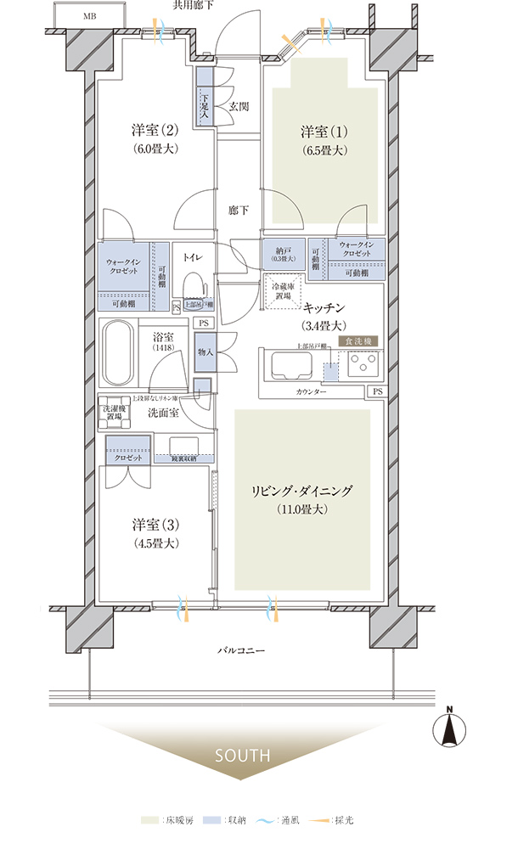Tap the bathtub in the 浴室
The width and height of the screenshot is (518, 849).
(x=116, y=355)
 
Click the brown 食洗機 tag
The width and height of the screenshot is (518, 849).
(x=358, y=340)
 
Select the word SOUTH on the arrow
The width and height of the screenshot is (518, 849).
(x=242, y=755)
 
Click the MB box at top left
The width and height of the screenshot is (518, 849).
(x=89, y=16)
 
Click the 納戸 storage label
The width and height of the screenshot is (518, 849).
(x=284, y=251)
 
